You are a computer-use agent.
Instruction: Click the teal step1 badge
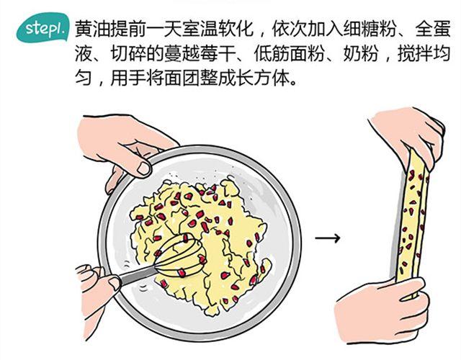click(42, 27)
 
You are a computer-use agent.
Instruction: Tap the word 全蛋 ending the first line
click(433, 29)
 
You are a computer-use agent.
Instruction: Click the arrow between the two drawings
click(327, 238)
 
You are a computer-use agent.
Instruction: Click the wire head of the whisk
click(180, 255)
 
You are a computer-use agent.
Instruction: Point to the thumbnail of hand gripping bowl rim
click(144, 168)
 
